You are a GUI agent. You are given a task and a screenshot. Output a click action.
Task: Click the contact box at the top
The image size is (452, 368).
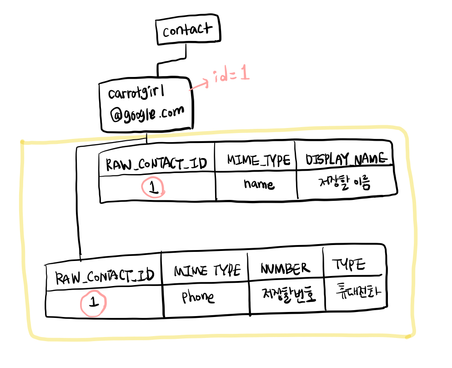point(188,31)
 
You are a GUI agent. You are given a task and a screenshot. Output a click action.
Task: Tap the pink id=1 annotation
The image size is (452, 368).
point(231,76)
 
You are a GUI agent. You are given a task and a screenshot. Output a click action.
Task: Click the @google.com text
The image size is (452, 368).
point(147,112)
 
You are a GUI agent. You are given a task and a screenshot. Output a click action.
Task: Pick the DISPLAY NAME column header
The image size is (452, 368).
point(346,159)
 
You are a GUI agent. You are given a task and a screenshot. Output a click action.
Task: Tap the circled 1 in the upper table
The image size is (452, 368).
point(154,188)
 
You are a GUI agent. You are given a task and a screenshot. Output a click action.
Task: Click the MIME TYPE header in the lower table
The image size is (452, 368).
point(207,271)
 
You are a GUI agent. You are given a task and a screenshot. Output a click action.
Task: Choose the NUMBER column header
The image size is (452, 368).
point(285,268)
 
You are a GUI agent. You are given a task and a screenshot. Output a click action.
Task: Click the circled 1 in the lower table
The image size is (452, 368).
point(93,302)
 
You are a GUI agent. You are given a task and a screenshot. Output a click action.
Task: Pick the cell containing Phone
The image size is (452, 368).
point(198,297)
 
